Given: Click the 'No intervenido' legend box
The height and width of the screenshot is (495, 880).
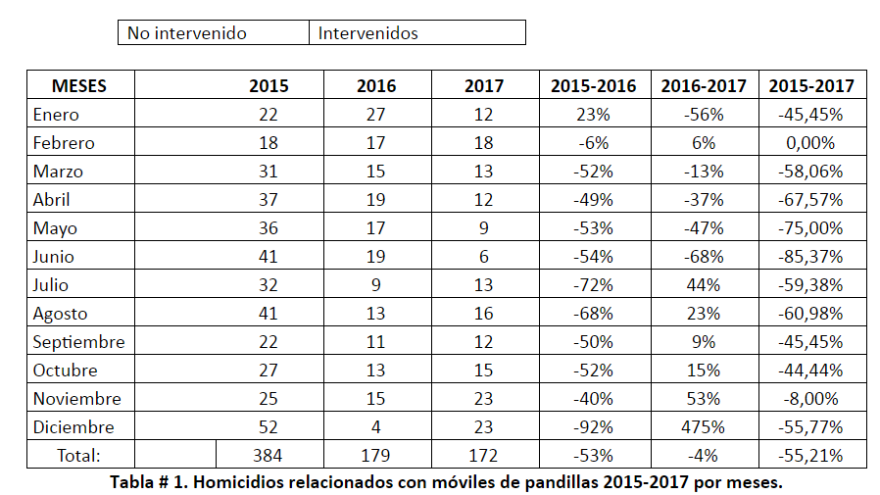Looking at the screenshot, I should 215,33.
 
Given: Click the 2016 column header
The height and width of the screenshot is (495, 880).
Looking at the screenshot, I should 377,86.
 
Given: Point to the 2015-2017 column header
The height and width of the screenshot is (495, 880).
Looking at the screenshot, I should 811,86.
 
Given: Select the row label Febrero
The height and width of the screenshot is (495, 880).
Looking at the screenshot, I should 64,143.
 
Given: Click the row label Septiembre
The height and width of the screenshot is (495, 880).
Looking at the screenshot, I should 77,342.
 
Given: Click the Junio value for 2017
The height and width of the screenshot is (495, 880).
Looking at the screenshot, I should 485,257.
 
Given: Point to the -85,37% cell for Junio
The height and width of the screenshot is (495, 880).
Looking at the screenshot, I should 811,257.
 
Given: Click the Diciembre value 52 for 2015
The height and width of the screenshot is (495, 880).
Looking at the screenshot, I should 266,427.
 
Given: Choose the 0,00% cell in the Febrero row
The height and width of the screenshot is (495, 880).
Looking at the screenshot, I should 811,143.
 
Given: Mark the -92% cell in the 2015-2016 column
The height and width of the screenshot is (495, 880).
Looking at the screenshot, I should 594,427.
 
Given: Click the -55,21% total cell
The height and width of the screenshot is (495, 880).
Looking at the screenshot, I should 811,456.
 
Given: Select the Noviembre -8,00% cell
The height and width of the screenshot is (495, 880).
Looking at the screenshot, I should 811,399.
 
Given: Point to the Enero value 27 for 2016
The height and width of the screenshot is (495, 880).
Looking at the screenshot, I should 377,115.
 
